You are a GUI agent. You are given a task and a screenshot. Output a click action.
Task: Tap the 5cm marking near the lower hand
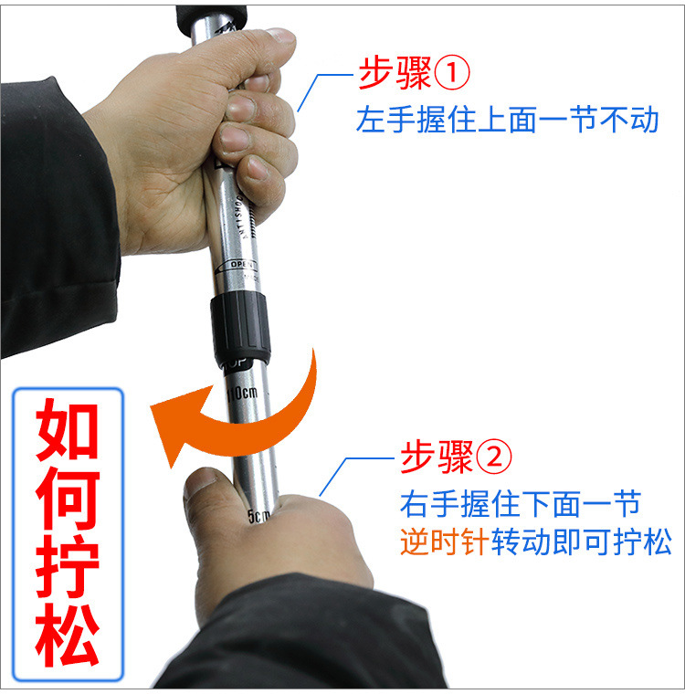[x=259, y=517]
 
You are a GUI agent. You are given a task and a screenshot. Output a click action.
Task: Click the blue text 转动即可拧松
[x=582, y=543]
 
